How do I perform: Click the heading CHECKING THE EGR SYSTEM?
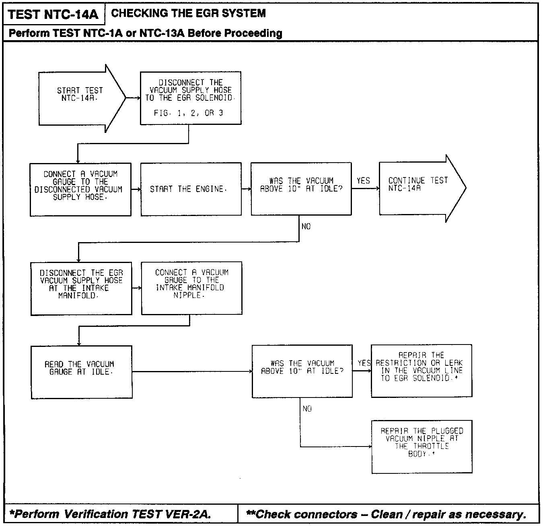(188, 13)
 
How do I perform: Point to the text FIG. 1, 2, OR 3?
(188, 113)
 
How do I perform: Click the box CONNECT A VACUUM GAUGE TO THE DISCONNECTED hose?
(80, 189)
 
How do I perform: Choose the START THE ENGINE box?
(191, 189)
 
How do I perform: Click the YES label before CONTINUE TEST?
(363, 181)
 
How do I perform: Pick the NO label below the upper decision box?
(306, 227)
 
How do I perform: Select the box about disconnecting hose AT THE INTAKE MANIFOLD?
(81, 288)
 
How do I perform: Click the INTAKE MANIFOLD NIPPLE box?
(191, 288)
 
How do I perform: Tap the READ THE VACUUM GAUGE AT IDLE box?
(82, 372)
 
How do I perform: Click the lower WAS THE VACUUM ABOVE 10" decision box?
(302, 371)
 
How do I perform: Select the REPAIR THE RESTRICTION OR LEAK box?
(421, 371)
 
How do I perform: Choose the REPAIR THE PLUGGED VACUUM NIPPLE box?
(422, 446)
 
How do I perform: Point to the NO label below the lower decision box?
(307, 409)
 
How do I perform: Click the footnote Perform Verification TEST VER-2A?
(110, 514)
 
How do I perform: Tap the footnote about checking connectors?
(386, 514)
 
